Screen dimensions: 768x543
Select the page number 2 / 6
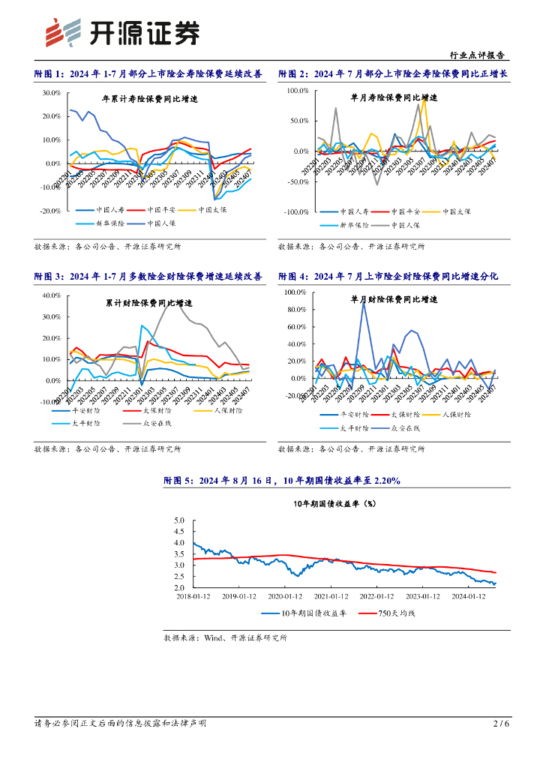pyautogui.click(x=501, y=723)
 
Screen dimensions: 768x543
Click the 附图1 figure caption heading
pyautogui.click(x=148, y=73)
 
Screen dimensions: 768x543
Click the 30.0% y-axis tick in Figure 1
pyautogui.click(x=51, y=93)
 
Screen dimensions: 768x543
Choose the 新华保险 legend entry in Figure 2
pyautogui.click(x=349, y=224)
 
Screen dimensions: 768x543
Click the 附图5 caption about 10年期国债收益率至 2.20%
pyautogui.click(x=282, y=481)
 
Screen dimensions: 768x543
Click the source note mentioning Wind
pyautogui.click(x=225, y=638)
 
